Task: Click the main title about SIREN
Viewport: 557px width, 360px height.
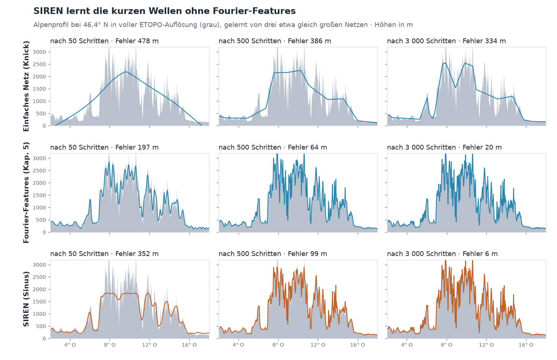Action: [165, 11]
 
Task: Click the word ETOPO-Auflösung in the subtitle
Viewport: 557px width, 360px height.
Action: [169, 25]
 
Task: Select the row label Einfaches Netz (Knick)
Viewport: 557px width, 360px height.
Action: [26, 86]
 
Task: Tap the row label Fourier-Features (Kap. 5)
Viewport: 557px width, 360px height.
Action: [26, 193]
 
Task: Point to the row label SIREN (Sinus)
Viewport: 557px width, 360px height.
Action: [26, 299]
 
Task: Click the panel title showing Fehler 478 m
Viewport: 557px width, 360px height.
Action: [104, 41]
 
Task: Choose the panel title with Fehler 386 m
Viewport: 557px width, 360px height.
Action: [275, 41]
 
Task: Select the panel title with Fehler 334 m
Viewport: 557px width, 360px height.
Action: [446, 41]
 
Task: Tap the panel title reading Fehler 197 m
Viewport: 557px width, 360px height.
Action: [104, 148]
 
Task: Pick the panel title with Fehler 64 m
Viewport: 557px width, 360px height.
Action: [273, 148]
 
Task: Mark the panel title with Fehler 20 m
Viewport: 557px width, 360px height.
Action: [444, 148]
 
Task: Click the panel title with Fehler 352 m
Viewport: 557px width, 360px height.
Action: [104, 254]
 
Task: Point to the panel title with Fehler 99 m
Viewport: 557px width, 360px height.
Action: [273, 254]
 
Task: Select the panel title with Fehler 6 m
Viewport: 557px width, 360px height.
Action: [442, 254]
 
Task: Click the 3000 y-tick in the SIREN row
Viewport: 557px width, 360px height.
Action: [39, 265]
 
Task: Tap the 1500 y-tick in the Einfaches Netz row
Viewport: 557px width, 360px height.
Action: [39, 89]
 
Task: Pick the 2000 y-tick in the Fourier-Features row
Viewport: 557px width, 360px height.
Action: [39, 183]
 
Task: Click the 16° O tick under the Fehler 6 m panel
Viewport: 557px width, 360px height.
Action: [526, 345]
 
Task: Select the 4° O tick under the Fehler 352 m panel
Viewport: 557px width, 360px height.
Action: [70, 345]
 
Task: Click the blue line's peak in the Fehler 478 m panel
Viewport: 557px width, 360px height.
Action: [126, 72]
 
